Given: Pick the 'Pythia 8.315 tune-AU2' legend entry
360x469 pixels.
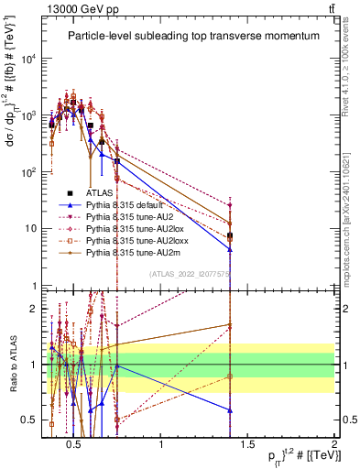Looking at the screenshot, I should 125,217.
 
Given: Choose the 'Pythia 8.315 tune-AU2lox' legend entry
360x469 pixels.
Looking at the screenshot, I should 128,228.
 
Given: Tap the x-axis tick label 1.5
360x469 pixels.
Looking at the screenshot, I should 248,444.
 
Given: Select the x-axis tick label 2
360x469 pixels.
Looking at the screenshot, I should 334,444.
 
